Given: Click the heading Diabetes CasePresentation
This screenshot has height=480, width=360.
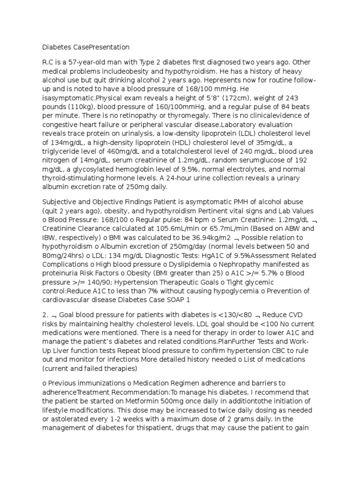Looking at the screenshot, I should click(86, 47).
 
